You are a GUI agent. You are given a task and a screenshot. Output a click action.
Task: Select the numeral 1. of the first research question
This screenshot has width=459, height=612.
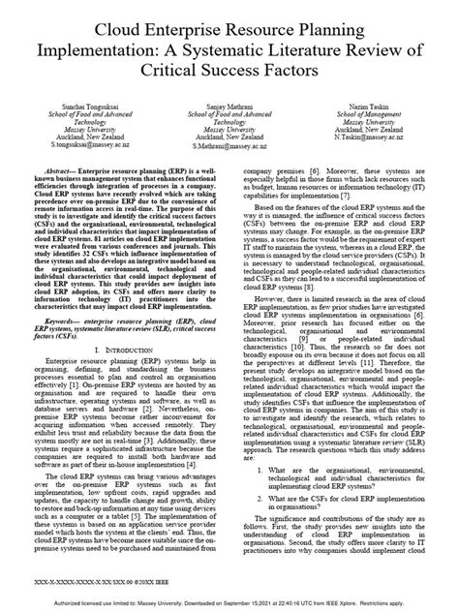258,470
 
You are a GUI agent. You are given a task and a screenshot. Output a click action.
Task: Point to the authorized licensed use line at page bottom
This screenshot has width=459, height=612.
229,603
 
